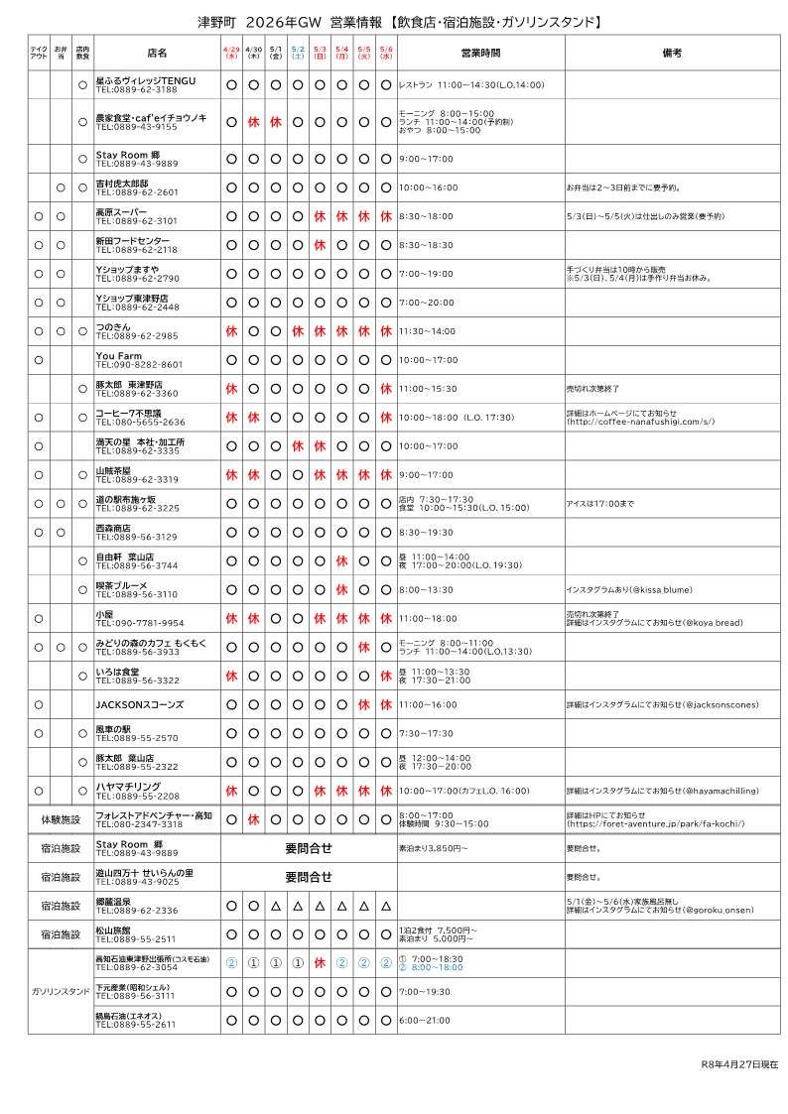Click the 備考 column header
point(672,53)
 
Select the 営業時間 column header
point(480,53)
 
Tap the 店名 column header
point(157,53)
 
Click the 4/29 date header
point(231,53)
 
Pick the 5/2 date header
point(298,53)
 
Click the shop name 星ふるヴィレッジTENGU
point(146,79)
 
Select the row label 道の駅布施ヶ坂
point(126,499)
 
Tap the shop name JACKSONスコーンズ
point(135,705)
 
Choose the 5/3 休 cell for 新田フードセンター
point(320,245)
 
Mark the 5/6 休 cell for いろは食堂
point(386,677)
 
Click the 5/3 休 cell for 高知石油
point(320,962)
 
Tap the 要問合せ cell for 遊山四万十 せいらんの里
point(308,877)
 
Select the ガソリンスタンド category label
point(61,991)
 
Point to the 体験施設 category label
point(61,820)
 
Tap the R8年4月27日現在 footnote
point(738,1063)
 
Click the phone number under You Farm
point(139,364)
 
